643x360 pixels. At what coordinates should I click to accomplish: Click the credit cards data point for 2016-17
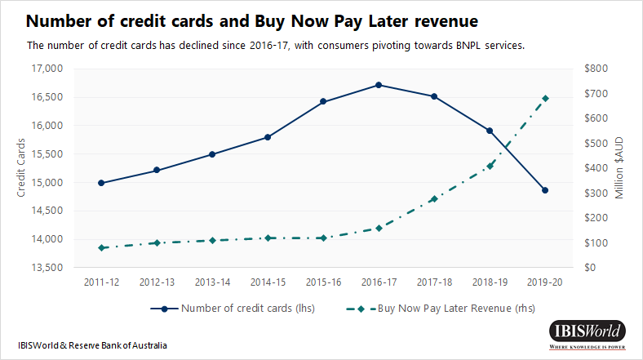click(x=379, y=85)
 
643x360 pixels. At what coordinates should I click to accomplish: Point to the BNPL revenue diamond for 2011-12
click(x=101, y=247)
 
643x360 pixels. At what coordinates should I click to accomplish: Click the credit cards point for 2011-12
click(x=101, y=183)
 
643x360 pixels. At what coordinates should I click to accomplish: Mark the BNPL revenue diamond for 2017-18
click(x=434, y=199)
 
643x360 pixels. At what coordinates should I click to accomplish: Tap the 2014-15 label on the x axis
click(x=268, y=282)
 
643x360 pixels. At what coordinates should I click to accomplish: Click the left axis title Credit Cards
click(x=21, y=168)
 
